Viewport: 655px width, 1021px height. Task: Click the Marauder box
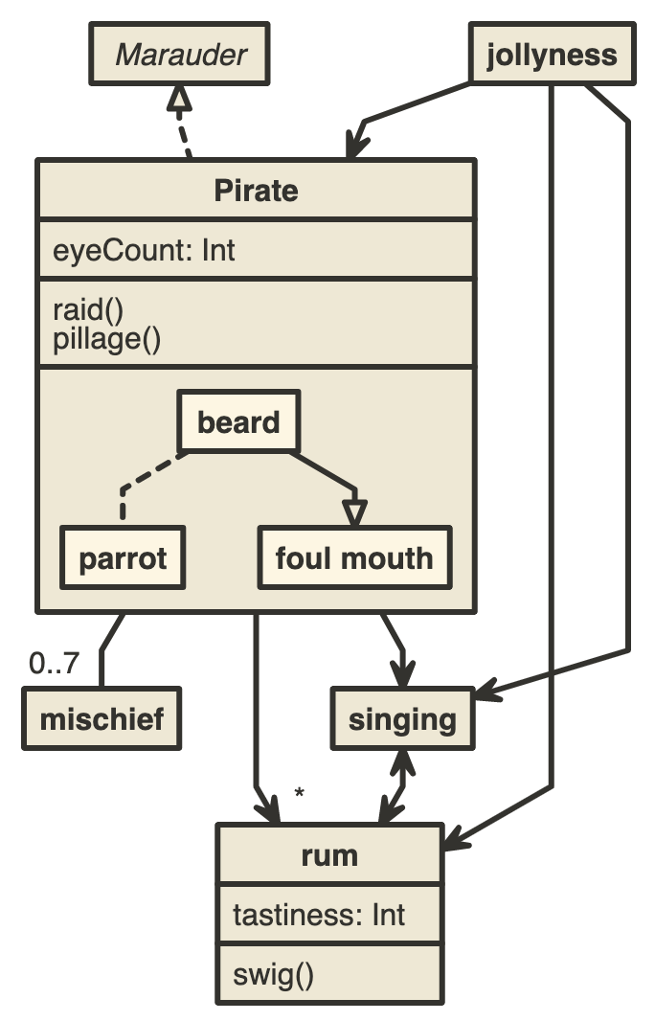tap(180, 55)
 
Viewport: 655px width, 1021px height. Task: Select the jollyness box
tap(552, 55)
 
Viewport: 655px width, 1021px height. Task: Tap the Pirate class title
tap(256, 191)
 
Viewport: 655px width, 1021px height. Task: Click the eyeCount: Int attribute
tap(145, 251)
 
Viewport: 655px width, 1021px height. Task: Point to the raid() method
tap(89, 309)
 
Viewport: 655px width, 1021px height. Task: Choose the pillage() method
tap(106, 338)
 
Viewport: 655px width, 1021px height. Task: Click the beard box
tap(238, 421)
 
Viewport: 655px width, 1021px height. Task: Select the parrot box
tap(123, 557)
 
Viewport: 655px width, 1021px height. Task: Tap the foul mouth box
tap(353, 557)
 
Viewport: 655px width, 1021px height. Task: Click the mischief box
tap(102, 719)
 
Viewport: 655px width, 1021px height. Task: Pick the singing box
tap(402, 719)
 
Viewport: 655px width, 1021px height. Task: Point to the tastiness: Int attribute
tap(319, 915)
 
